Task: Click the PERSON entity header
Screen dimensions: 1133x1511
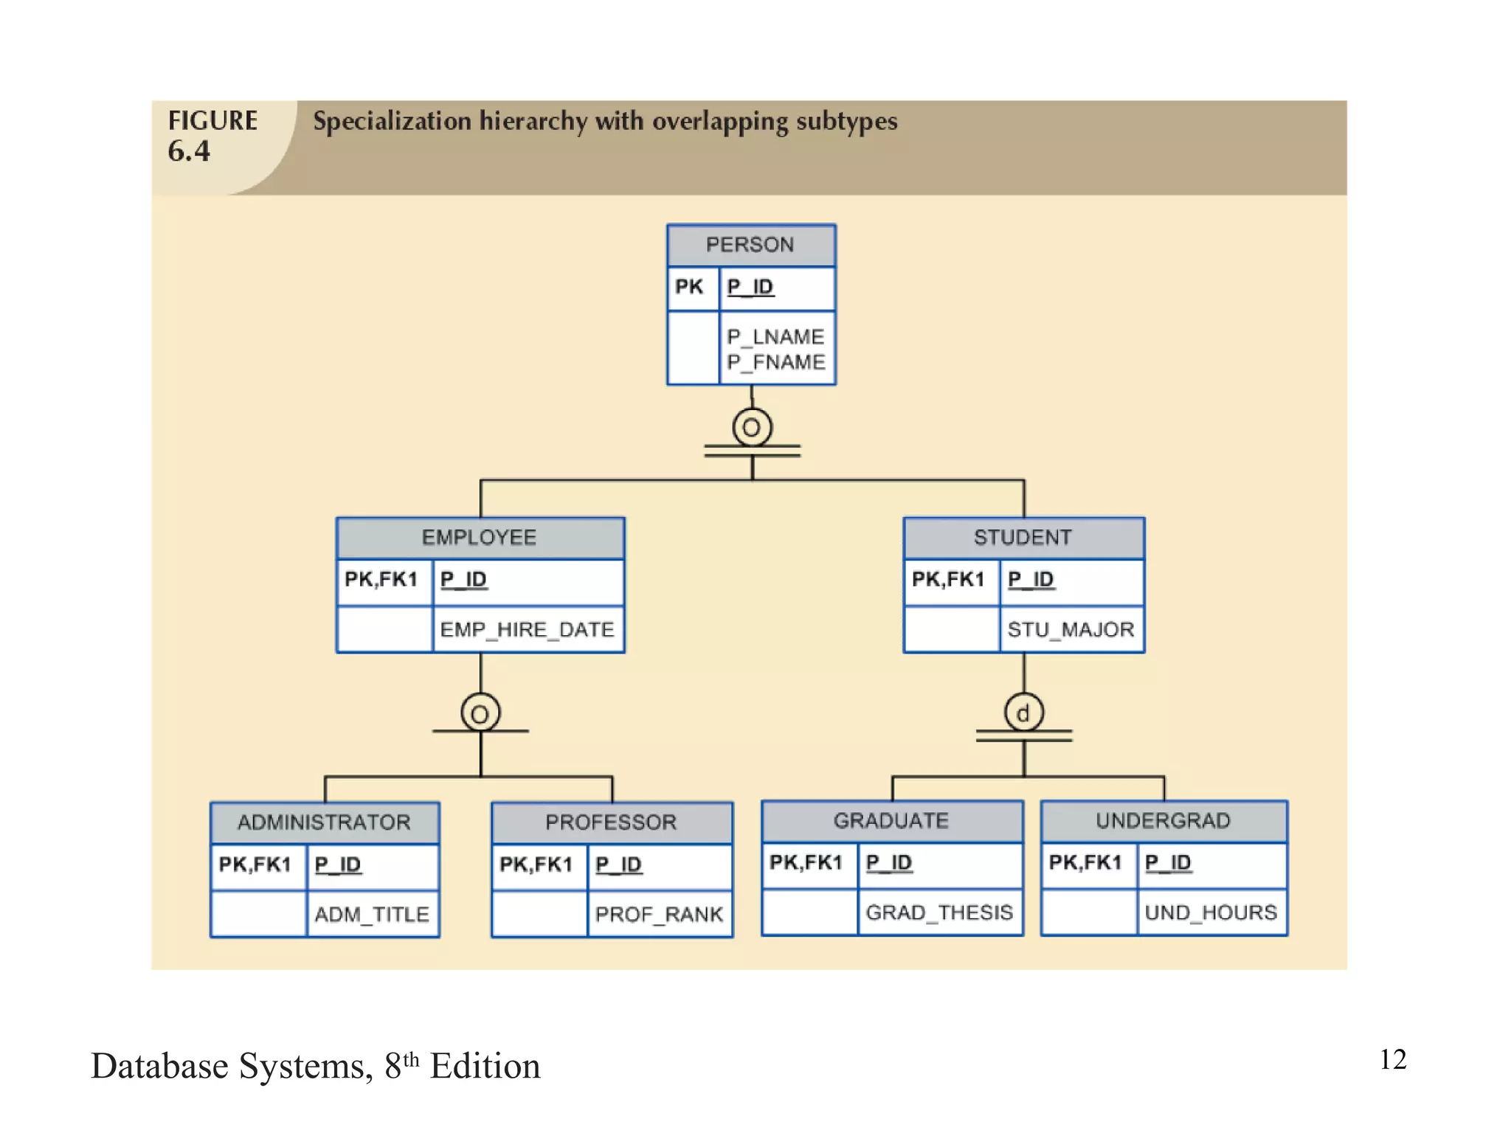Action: coord(750,245)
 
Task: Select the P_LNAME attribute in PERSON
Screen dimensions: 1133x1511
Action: coord(775,337)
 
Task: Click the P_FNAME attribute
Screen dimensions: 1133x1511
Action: coord(775,362)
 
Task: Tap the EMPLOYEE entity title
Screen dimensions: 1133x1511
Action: coord(480,538)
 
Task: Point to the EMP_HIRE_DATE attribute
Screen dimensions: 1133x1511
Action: coord(527,630)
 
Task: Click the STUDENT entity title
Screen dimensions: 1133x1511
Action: coord(1023,538)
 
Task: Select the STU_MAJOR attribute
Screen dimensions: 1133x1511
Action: coord(1071,630)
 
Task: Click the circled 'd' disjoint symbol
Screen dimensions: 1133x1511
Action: coord(1023,713)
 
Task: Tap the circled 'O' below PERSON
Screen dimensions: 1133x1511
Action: coord(752,428)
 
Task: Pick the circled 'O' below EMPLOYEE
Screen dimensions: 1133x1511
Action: coord(480,713)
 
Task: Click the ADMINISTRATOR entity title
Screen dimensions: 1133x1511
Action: coord(324,822)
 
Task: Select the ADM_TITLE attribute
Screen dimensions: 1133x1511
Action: coord(372,915)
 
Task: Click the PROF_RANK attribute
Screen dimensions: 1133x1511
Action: coord(659,915)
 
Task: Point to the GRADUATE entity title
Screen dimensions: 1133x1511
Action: coord(891,821)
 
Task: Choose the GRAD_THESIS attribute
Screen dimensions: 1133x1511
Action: coord(939,913)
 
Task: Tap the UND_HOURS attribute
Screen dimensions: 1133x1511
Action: coord(1211,913)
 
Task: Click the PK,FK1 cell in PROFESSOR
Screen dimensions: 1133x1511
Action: coord(536,865)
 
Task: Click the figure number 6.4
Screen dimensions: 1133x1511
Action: coord(189,151)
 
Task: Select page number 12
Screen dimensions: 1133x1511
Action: coord(1393,1060)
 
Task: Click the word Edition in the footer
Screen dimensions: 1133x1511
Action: coord(485,1067)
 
